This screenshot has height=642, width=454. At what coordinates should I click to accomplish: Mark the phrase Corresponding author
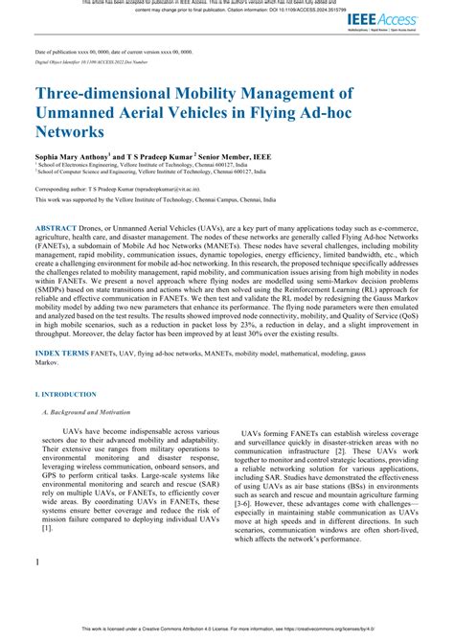coord(65,191)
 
